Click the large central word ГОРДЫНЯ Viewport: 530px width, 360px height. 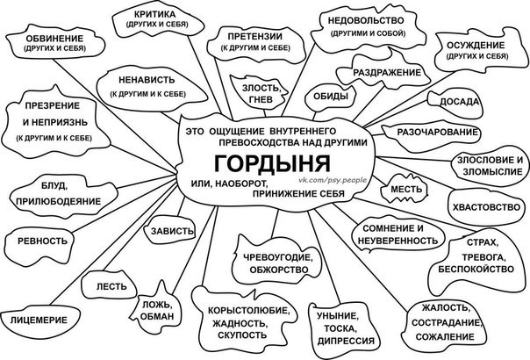272,164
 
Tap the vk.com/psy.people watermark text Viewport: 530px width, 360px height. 333,180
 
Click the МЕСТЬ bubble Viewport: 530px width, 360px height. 405,189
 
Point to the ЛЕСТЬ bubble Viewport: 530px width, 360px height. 111,287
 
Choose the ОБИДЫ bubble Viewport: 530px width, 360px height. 331,97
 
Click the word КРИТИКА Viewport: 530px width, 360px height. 154,15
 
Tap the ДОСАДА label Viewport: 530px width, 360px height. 460,102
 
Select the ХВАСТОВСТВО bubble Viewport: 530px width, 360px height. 487,207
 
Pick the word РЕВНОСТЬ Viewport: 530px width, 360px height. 43,241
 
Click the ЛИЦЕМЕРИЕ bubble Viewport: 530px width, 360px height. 39,320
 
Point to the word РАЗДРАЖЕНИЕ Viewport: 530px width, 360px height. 387,72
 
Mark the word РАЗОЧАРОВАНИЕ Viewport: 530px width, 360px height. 437,132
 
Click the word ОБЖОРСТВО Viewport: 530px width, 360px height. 279,270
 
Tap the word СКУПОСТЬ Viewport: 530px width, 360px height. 242,335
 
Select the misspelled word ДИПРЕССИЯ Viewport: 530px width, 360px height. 346,341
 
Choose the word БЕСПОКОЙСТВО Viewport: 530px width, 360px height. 476,269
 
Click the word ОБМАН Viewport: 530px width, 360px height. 157,316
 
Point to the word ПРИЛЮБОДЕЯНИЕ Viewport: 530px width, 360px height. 59,201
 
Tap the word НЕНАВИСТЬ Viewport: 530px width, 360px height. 147,80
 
